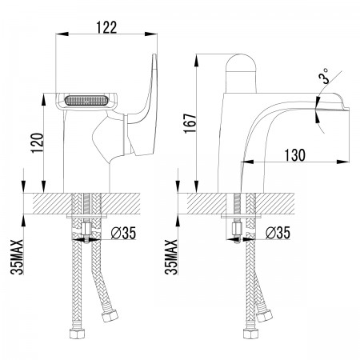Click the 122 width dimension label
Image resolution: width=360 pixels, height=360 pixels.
tap(106, 27)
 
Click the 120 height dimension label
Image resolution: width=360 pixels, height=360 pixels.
tap(38, 142)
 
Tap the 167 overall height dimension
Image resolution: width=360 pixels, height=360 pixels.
tap(190, 123)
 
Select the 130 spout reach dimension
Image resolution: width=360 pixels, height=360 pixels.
tap(294, 155)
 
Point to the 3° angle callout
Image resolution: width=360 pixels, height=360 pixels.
tap(324, 76)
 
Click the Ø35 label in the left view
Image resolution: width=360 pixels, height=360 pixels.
tap(123, 233)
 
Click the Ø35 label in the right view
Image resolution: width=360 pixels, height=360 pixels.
tap(278, 233)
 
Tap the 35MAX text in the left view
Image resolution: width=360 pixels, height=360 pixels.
tap(17, 257)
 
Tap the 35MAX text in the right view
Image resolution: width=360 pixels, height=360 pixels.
tap(171, 257)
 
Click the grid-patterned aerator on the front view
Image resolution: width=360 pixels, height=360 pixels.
tap(86, 101)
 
